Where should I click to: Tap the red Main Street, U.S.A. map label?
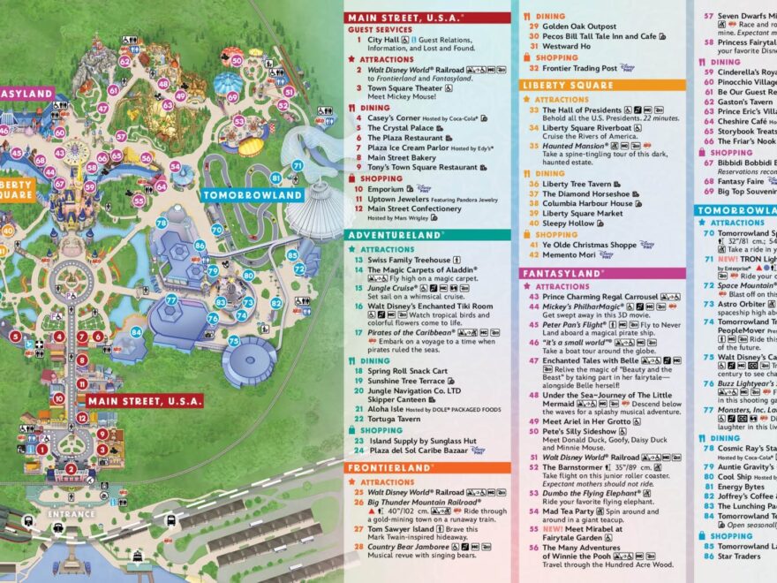coord(145,401)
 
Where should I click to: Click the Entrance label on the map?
coord(71,514)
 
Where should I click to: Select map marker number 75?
coord(234,340)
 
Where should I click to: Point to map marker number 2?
coord(70,469)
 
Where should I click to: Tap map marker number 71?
coord(298,165)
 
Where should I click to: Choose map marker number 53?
coord(238,121)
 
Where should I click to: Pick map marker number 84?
coord(136,332)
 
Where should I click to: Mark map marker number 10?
coord(58,398)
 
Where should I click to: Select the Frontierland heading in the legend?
coord(392,467)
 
